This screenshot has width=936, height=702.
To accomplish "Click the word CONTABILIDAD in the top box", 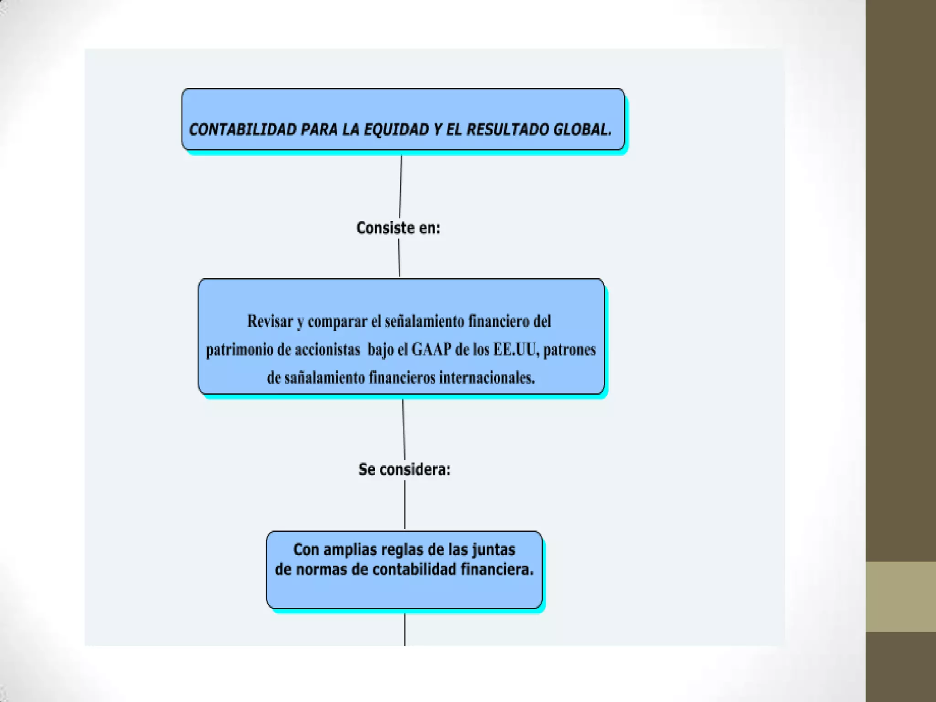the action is (x=243, y=130).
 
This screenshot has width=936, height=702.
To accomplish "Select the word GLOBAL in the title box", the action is (x=582, y=130).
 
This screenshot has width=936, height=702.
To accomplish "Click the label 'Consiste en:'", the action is (x=398, y=228).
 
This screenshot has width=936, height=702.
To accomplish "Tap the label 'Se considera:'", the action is (x=404, y=469).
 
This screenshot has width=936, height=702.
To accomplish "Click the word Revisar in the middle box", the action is (x=270, y=321).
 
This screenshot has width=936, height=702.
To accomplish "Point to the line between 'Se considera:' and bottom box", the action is (x=405, y=505).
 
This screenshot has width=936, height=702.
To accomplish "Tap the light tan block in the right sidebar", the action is (x=900, y=596).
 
